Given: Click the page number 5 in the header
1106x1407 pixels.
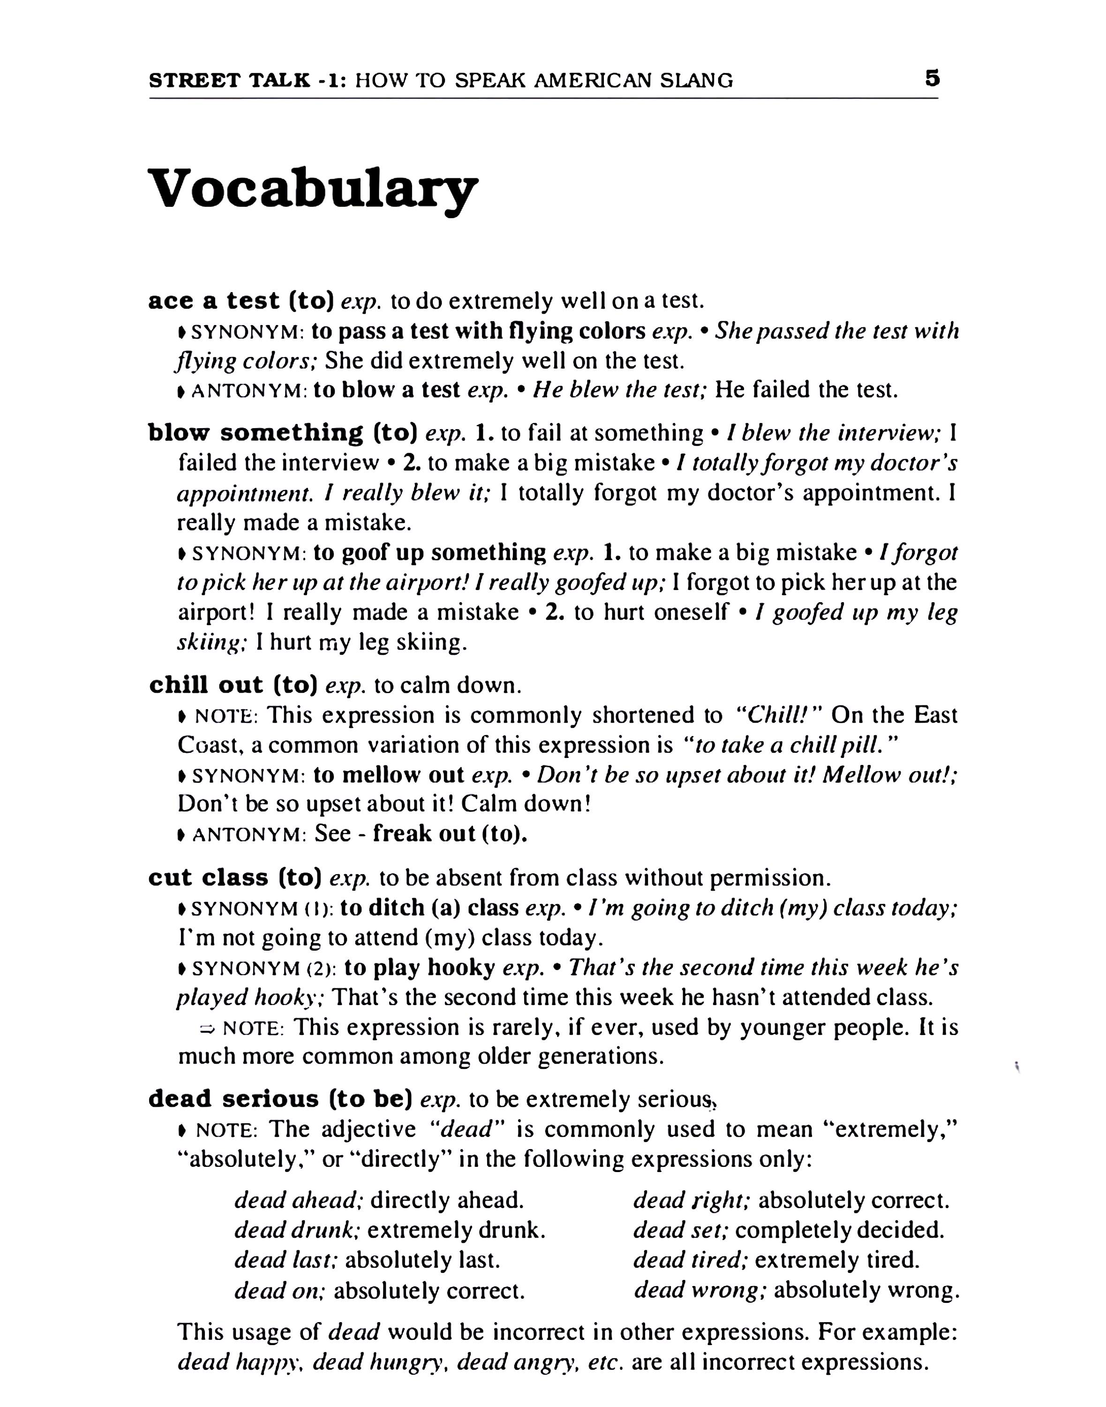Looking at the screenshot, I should [x=932, y=79].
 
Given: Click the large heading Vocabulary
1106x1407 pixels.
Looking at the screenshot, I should [x=313, y=189].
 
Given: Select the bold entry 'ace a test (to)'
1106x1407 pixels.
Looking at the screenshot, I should [x=241, y=301].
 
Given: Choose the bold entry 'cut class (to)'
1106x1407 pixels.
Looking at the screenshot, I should [x=235, y=878].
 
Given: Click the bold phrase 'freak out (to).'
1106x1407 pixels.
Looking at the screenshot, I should [x=450, y=833].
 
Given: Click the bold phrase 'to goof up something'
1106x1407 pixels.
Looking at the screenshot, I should [x=430, y=552].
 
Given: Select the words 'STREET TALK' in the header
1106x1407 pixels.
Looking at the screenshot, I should [x=229, y=80].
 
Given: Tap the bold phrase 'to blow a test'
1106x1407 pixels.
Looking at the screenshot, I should [x=387, y=390].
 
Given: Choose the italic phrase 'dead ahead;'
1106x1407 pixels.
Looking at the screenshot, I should [x=297, y=1200].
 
